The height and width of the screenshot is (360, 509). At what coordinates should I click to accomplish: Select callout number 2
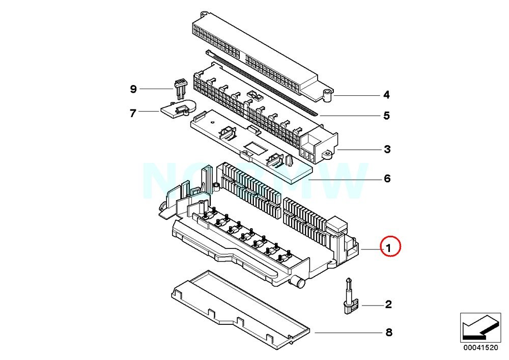coord(388,304)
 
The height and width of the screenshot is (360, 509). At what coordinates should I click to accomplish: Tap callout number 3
coord(387,149)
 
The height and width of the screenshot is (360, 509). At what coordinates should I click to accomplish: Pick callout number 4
coord(387,95)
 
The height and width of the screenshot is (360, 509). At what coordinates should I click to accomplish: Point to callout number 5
coord(387,116)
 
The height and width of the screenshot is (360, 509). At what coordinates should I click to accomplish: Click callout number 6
coord(387,179)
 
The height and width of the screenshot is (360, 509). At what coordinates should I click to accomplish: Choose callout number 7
coord(133,113)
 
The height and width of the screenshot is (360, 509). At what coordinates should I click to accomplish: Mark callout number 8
coord(388,333)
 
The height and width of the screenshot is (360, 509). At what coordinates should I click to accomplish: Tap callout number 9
coord(133,89)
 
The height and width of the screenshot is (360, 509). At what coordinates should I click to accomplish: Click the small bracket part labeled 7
coord(176,108)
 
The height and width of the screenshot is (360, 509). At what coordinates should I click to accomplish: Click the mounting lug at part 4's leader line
coord(327,93)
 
